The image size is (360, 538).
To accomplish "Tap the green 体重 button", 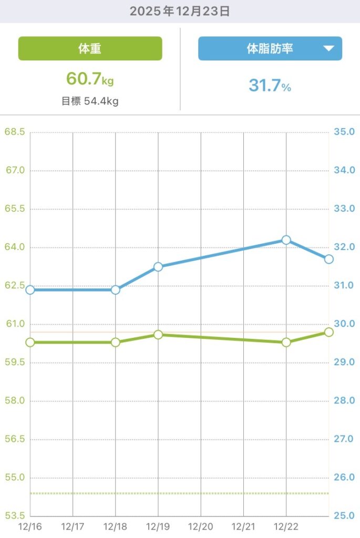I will [x=90, y=49].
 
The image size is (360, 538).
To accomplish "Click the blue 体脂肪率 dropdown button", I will [x=270, y=49].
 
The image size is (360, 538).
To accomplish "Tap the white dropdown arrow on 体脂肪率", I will [x=328, y=49].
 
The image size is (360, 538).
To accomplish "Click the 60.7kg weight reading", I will [x=90, y=79].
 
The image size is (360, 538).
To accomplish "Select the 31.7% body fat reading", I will [x=270, y=85].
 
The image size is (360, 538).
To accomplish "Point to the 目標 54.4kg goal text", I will [x=90, y=101].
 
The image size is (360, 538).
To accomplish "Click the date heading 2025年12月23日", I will [x=180, y=11].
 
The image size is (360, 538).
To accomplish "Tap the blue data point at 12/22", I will [x=286, y=240].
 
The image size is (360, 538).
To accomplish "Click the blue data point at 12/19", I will [x=158, y=267].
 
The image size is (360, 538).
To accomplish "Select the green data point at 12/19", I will [x=158, y=335].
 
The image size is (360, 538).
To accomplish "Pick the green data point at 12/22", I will [x=286, y=343].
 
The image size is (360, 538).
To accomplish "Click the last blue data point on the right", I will [x=329, y=259].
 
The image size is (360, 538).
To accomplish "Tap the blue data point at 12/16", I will [x=30, y=290].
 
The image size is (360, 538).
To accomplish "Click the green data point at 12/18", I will [x=116, y=343].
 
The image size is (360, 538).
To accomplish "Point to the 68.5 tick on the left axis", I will [x=15, y=132].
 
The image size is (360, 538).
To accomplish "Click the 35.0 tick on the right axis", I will [x=344, y=132].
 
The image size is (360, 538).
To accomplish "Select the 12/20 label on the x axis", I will [x=201, y=526].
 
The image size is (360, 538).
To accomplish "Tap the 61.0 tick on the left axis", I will [x=15, y=324].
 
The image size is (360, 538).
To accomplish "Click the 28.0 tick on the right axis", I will [x=344, y=401].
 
